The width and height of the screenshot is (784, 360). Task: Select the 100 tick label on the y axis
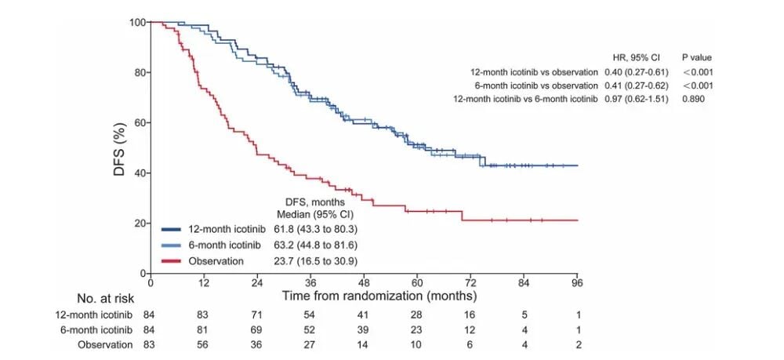[x=136, y=22]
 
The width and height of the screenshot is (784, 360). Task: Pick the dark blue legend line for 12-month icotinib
[x=172, y=229]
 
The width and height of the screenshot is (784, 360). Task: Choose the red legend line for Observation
[x=172, y=260]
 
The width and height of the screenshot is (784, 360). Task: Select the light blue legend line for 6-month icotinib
[x=172, y=245]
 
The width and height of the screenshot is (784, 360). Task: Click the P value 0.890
[x=694, y=98]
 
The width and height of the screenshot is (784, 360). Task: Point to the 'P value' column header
[x=696, y=58]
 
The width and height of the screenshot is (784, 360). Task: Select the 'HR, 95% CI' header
[x=636, y=58]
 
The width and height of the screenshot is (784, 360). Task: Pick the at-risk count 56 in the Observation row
[x=204, y=345]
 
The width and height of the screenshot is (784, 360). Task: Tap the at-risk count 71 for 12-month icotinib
[x=257, y=315]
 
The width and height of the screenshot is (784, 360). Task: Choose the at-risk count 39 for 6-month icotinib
[x=364, y=330]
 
